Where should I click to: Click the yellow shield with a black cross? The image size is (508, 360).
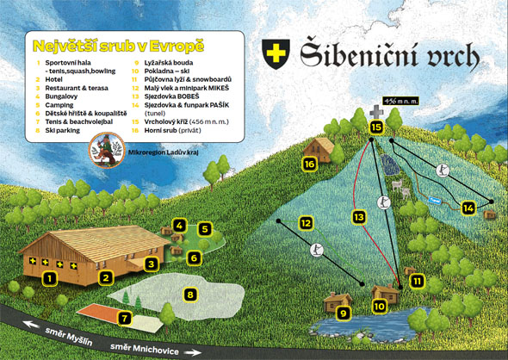point(276,53)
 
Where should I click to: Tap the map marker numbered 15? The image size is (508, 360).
point(375,127)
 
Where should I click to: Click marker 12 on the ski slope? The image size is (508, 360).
point(305,223)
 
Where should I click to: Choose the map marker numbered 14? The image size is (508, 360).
point(468,208)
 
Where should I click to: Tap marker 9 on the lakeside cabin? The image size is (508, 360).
point(343,313)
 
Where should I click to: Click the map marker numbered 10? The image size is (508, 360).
point(378,305)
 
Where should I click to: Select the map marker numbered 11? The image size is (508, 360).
point(418,281)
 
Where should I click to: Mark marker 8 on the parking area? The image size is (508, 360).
point(190,295)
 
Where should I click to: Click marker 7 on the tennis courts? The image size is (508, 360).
point(126,318)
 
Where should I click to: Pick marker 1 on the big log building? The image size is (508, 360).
point(50,277)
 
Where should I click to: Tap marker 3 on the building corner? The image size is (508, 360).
point(150,264)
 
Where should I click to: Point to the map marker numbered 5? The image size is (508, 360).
point(205,229)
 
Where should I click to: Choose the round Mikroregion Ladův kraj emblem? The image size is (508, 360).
point(108,152)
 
